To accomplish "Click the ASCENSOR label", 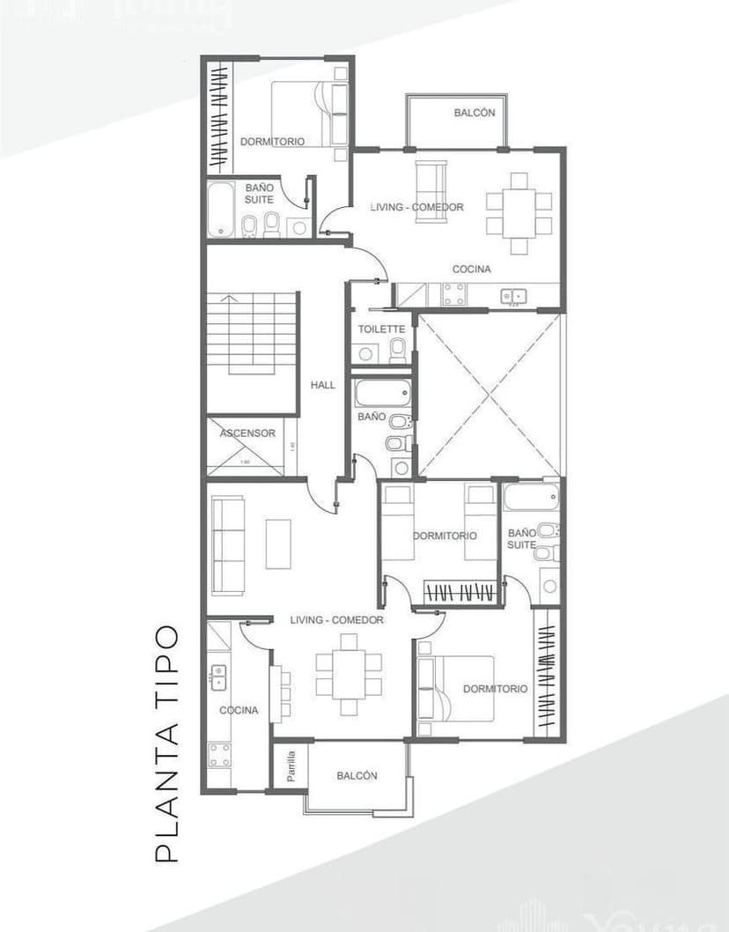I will tap(247, 433).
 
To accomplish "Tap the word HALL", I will tap(323, 385).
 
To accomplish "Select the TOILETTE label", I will tap(381, 329).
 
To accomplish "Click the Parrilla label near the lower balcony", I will tap(291, 766).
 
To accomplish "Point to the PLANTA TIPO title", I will tap(166, 743).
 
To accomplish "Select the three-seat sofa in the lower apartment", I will tap(227, 544).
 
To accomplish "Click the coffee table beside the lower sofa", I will tap(278, 544).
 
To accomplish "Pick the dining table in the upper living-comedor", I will tap(519, 212).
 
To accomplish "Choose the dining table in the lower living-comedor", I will tap(350, 674).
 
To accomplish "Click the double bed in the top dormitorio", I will tap(308, 115).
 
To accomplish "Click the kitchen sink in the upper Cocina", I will tap(512, 297).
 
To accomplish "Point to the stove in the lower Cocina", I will tap(220, 754).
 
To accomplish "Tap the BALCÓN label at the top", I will tap(475, 113).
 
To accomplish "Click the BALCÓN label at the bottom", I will tap(357, 776).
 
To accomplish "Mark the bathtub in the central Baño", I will tap(382, 392).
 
